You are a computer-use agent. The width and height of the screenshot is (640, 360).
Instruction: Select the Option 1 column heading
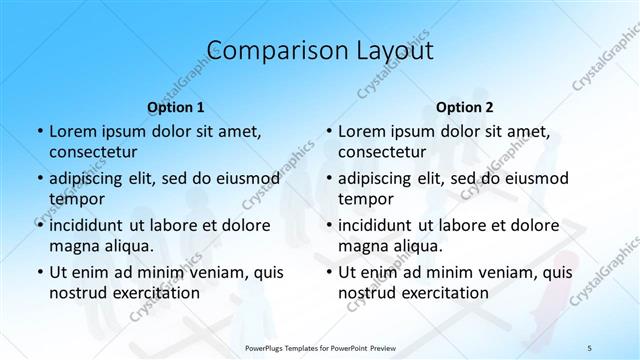[x=175, y=106]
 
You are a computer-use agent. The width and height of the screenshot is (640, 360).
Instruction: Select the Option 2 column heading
[x=464, y=106]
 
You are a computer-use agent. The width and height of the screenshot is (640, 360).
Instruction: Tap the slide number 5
[x=590, y=347]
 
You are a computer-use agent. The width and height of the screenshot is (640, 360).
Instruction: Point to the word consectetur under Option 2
[x=382, y=153]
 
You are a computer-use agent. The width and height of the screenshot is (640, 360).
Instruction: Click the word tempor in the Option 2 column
[x=363, y=199]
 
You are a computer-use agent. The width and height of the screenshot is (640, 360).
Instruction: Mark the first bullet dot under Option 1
[x=38, y=131]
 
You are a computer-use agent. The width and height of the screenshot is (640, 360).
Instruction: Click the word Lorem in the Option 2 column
[x=361, y=131]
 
